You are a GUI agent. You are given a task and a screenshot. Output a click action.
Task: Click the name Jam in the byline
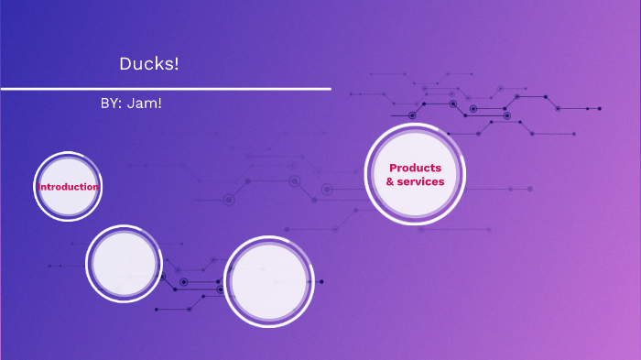(x=147, y=103)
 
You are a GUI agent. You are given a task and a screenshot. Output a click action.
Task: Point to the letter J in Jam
(x=137, y=103)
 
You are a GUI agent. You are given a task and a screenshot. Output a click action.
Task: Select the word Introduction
(x=69, y=187)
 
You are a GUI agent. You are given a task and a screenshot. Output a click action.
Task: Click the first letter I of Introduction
(x=38, y=187)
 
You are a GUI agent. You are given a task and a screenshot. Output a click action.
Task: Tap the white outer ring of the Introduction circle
(x=68, y=153)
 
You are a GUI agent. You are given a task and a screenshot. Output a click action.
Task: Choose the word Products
(x=415, y=168)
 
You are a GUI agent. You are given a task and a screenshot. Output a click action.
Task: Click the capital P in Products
(x=393, y=168)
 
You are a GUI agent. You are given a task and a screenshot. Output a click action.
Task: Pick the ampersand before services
(x=390, y=181)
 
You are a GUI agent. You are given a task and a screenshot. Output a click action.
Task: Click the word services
(x=421, y=181)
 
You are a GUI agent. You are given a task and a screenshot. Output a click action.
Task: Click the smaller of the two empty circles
(x=124, y=263)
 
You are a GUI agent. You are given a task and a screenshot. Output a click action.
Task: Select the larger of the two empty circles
(x=269, y=282)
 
